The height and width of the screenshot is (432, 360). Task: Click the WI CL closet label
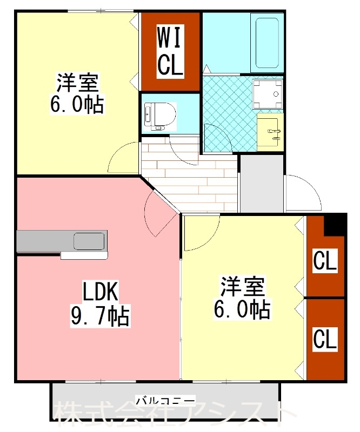(x=170, y=52)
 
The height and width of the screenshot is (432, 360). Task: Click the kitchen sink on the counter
(x=89, y=240)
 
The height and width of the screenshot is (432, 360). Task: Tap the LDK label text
(x=100, y=292)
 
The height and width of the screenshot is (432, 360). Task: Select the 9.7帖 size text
(x=100, y=315)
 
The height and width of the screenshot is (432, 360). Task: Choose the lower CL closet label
(x=325, y=339)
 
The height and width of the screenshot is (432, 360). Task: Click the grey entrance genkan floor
(x=261, y=184)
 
